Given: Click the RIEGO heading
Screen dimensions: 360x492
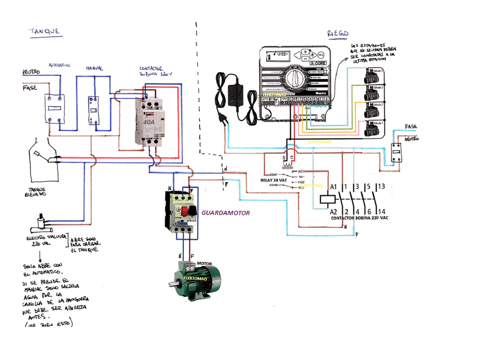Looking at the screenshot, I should tap(338, 33).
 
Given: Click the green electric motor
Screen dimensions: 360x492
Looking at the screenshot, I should tap(198, 280).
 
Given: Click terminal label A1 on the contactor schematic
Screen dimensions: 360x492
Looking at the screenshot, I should tap(333, 186).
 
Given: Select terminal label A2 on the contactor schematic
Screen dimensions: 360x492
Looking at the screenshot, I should tap(333, 211).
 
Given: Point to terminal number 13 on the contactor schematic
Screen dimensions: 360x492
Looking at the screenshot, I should tap(381, 186).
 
